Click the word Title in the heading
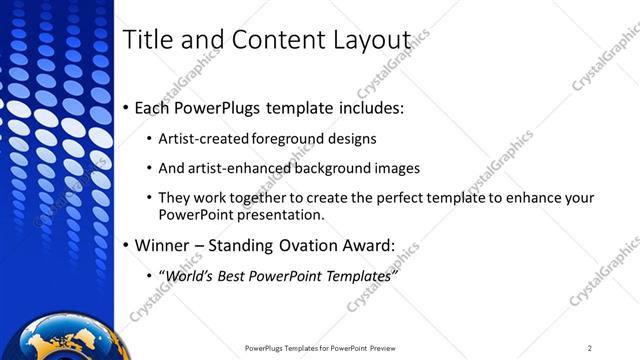click(146, 40)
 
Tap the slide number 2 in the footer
click(589, 348)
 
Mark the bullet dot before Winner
click(124, 244)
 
